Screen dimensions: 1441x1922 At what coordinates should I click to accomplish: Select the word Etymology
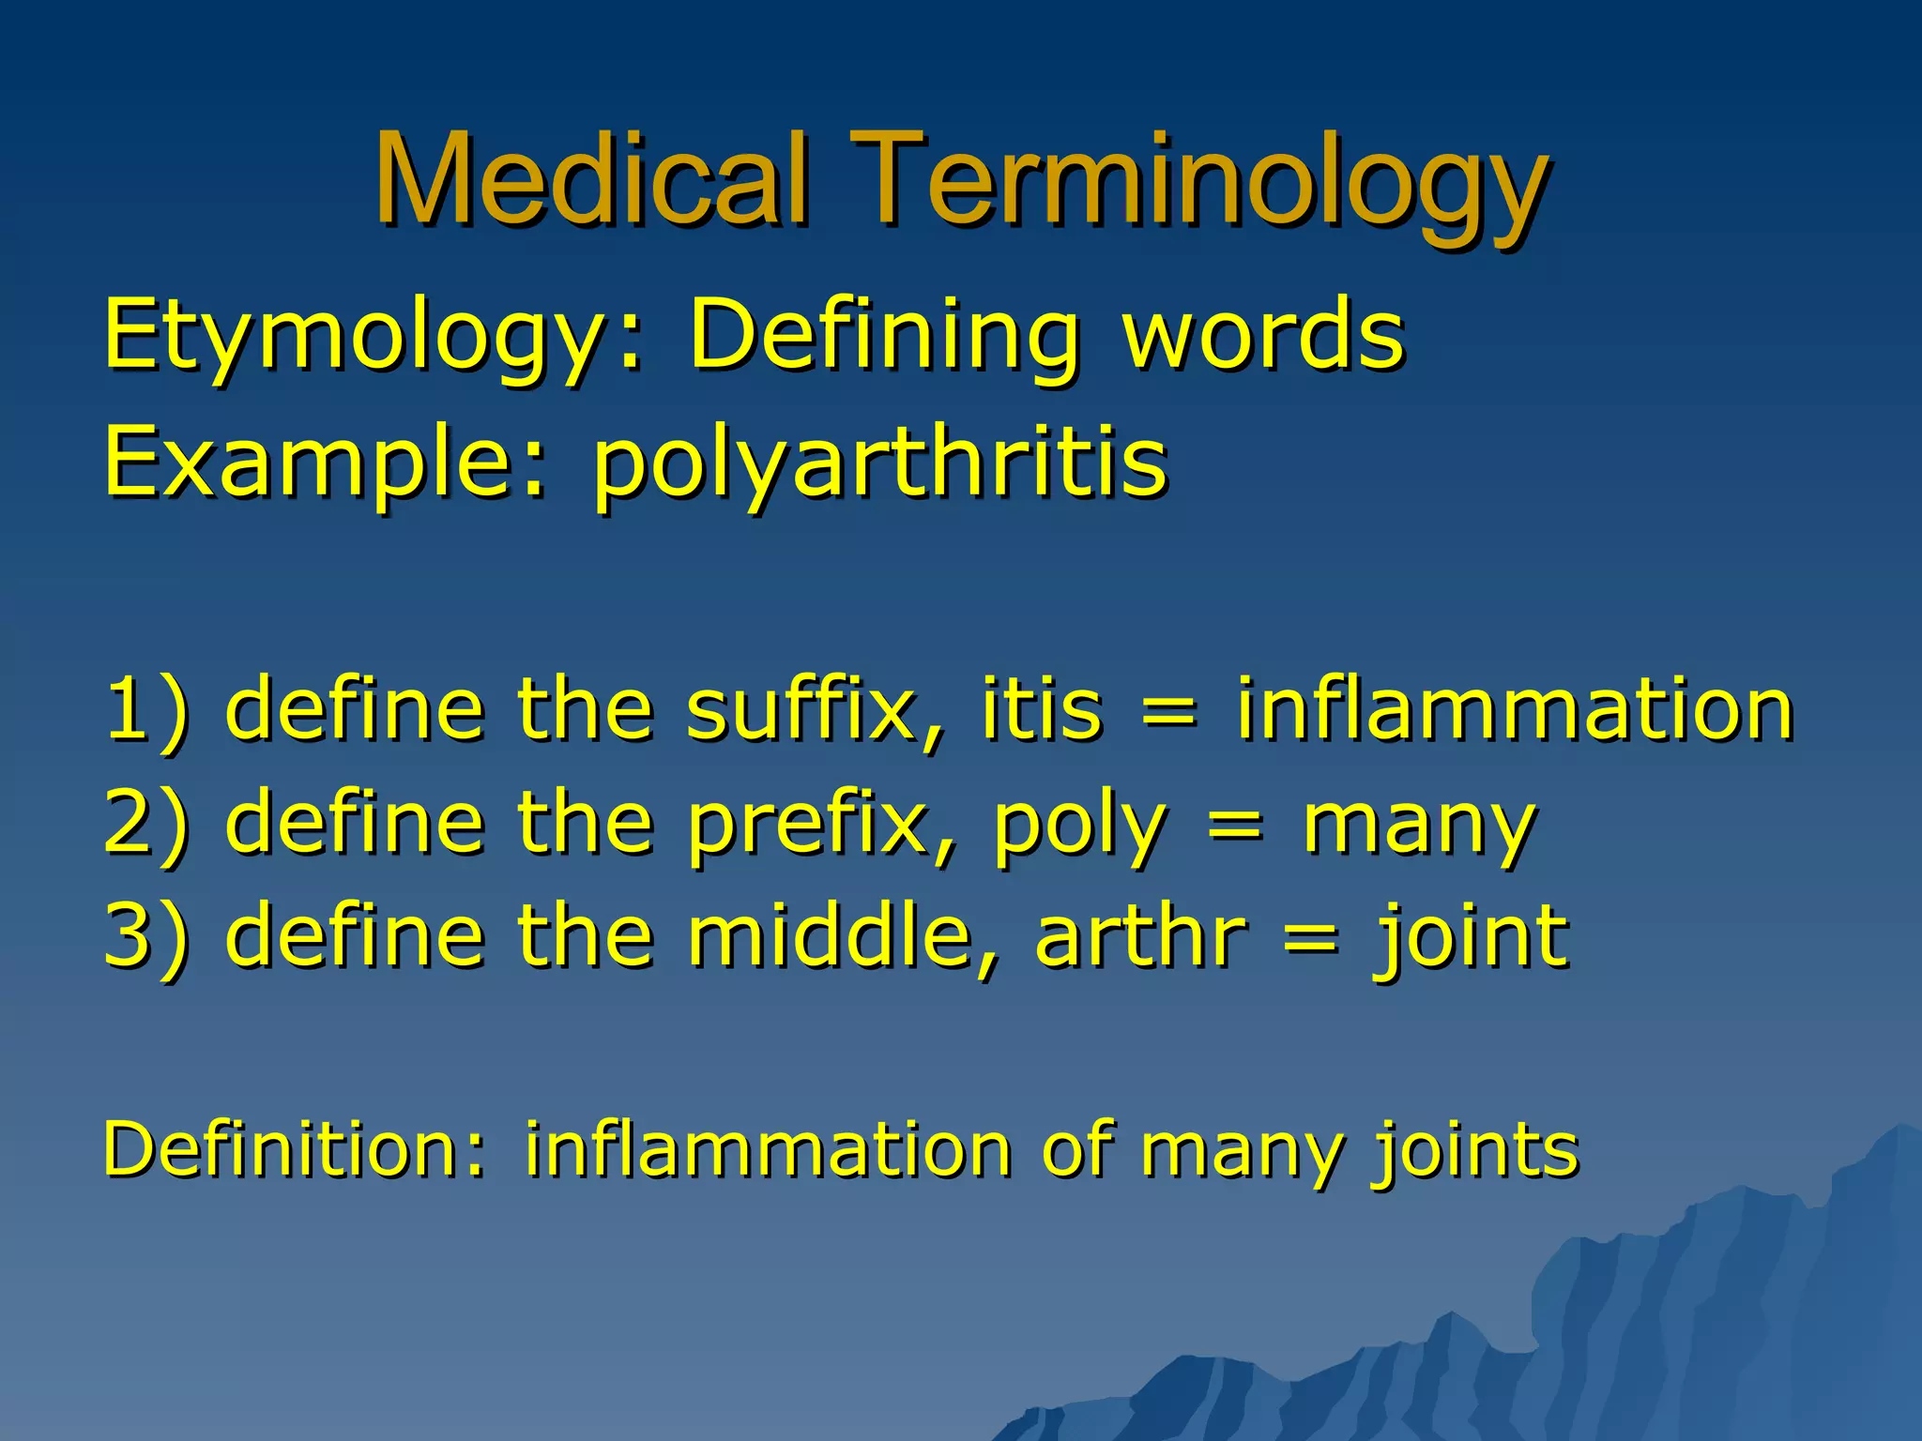[x=361, y=336]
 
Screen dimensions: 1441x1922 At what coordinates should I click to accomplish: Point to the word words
[x=1263, y=334]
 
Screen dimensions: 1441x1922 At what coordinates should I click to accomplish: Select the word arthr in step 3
[x=1140, y=937]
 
